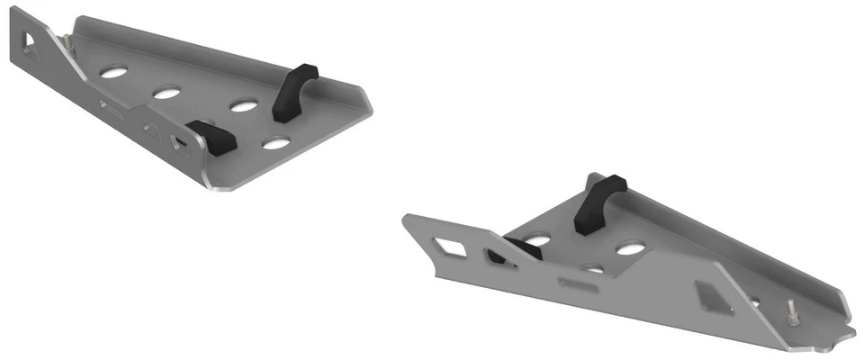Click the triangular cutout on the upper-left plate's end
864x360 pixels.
[31, 40]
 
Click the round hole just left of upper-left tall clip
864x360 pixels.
[242, 105]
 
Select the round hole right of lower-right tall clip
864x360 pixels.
[630, 246]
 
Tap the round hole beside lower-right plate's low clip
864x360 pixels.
[537, 239]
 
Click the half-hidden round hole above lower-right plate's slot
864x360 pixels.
[591, 268]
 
